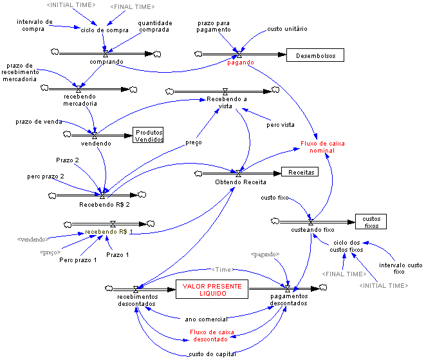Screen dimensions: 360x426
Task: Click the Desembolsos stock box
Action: point(315,55)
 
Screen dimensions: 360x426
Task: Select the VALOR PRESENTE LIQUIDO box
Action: point(204,289)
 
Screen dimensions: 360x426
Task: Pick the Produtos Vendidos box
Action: point(149,135)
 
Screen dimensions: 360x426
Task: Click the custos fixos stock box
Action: point(371,222)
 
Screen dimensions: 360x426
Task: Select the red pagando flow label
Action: point(241,62)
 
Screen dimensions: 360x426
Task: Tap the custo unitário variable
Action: point(287,30)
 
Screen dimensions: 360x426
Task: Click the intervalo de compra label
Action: point(35,25)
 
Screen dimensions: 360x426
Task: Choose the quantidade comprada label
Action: point(154,26)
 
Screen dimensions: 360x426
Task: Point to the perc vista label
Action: point(281,124)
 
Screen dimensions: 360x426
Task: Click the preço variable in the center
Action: point(193,142)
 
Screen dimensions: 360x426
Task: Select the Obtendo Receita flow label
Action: point(236,182)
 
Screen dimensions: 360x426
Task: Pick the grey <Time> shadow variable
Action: point(221,270)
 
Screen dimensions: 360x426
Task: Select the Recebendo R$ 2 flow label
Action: point(100,205)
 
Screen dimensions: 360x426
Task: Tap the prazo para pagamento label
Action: point(215,26)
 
